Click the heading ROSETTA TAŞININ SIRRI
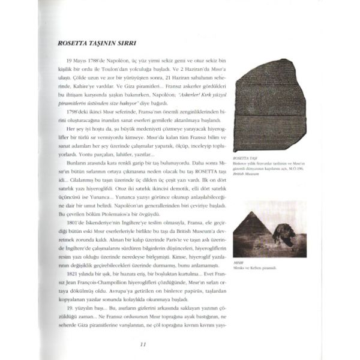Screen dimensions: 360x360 [96, 43]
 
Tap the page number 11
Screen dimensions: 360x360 [142, 344]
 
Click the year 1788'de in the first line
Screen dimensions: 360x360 [101, 61]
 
